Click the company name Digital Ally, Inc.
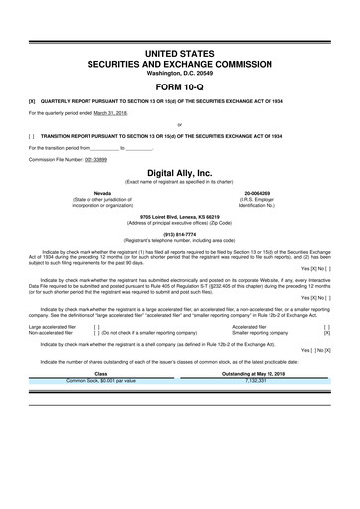180,173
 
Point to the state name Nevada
101,193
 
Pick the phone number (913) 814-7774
180,235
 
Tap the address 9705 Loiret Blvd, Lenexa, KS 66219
180,215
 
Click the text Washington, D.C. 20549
180,72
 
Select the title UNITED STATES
180,51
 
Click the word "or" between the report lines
179,124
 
